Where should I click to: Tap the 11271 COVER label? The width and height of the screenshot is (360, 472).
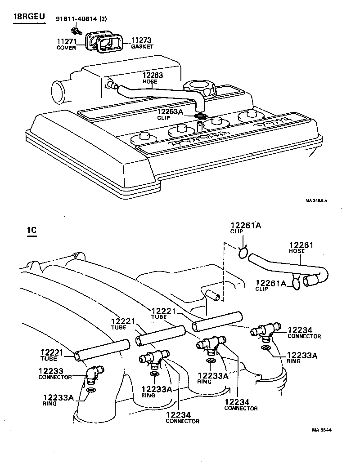point(66,44)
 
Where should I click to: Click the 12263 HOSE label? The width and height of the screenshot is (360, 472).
point(153,78)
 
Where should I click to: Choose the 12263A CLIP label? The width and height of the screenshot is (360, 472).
point(170,114)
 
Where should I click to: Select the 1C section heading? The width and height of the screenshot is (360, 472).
point(31,232)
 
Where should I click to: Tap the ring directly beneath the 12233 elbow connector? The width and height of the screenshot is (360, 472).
point(90,390)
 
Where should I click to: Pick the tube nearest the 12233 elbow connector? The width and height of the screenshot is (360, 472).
point(102,351)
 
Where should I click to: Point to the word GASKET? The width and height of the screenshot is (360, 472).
point(142,47)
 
